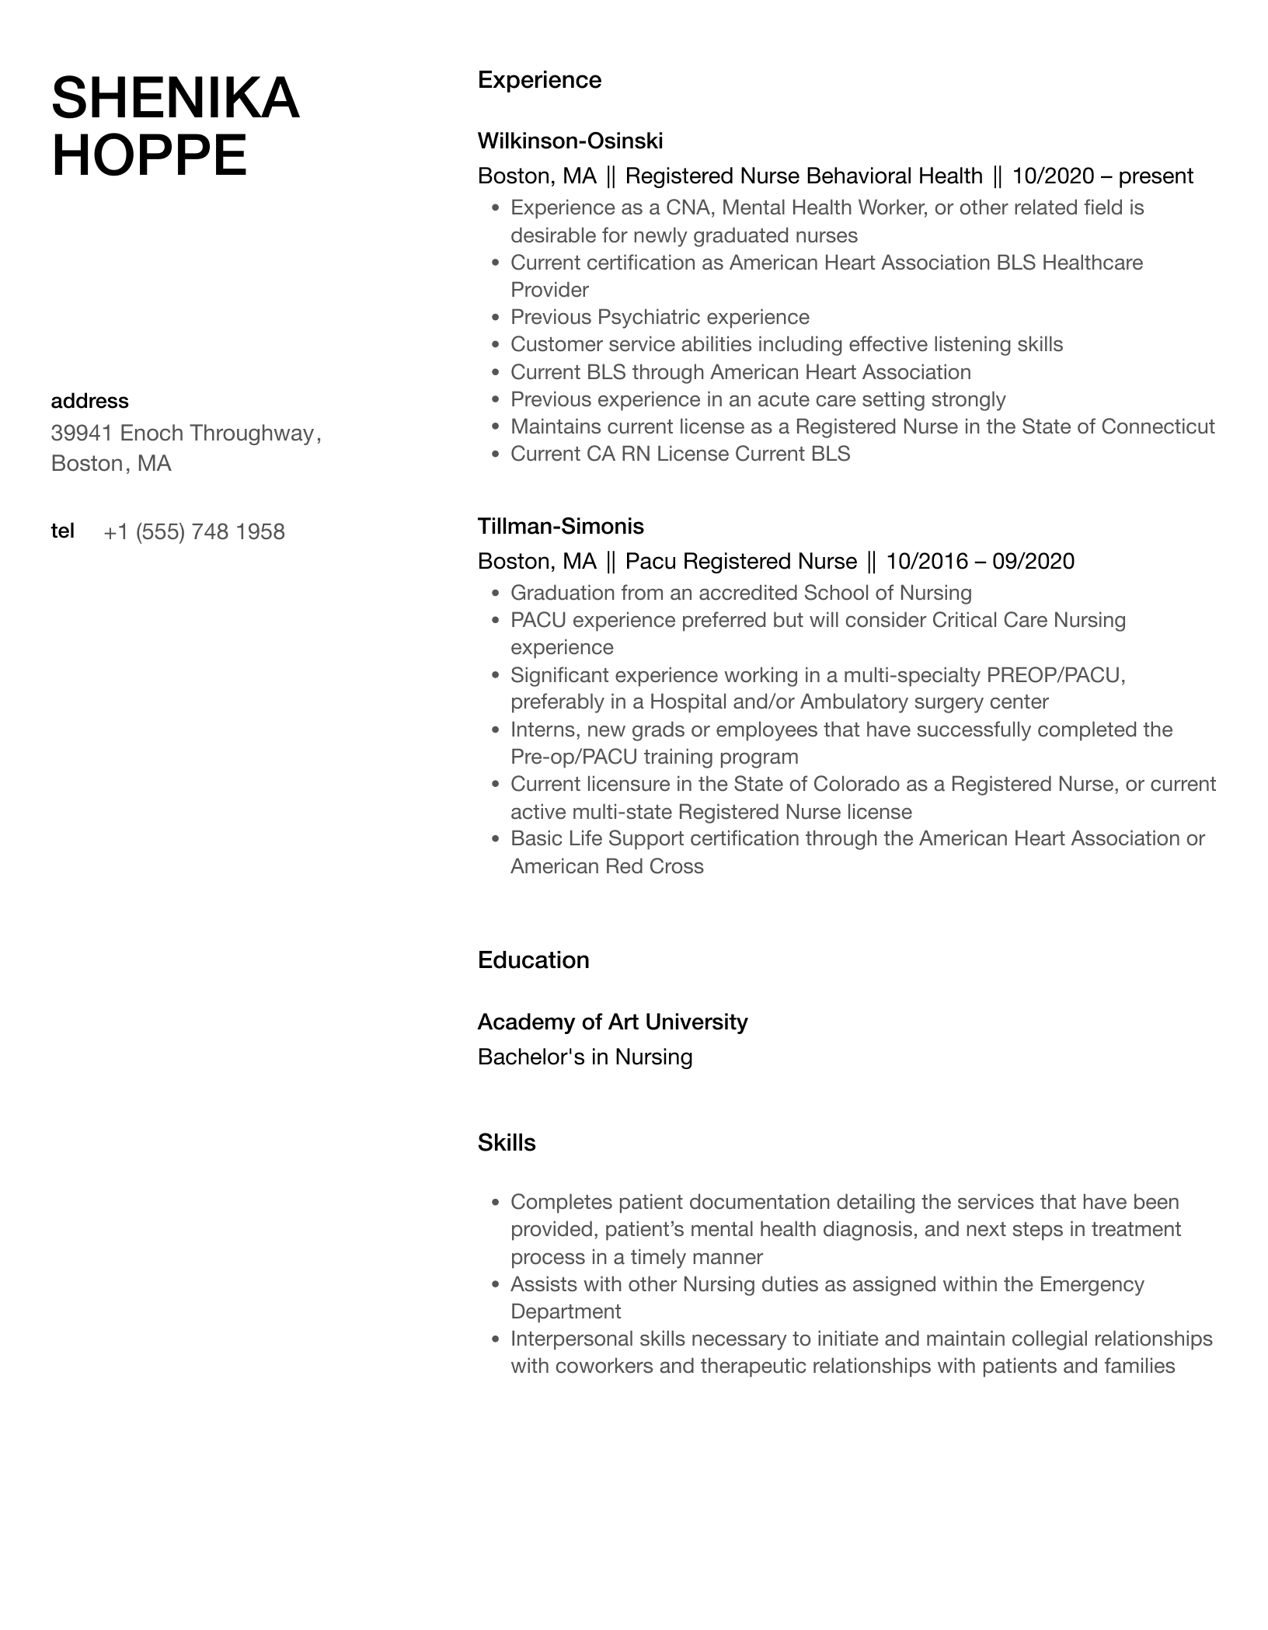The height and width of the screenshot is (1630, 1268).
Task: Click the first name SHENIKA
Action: (175, 99)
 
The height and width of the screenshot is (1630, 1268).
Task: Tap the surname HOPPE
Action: (149, 155)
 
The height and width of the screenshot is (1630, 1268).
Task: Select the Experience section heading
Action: (539, 80)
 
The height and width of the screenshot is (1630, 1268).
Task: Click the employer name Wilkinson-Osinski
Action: (570, 141)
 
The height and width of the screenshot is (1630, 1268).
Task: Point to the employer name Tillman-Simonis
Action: (560, 526)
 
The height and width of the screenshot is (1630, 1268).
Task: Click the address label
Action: (89, 401)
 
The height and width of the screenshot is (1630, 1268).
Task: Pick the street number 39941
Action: (82, 433)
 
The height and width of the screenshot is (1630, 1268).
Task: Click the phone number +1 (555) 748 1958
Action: (194, 531)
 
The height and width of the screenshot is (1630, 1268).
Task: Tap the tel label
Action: (62, 531)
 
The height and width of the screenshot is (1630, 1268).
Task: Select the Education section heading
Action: (533, 960)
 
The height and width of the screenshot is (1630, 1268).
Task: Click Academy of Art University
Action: (612, 1022)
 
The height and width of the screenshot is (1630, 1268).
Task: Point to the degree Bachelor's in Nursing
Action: (585, 1057)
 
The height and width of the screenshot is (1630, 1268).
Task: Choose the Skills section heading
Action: (507, 1143)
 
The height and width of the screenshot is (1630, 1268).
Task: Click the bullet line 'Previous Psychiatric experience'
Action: (660, 317)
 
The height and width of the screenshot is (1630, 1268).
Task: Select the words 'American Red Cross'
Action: (607, 866)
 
